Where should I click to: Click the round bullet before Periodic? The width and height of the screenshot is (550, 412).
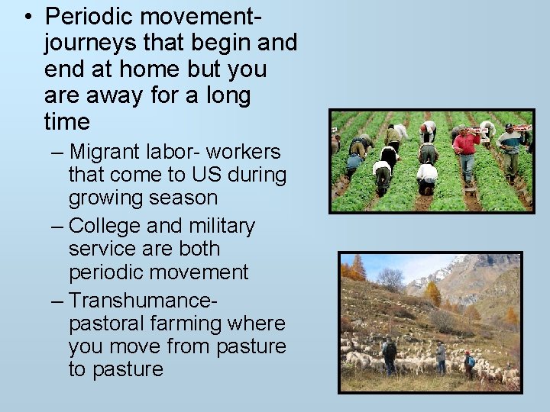[x=28, y=16]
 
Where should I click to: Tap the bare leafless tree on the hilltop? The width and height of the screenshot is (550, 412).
[x=390, y=280]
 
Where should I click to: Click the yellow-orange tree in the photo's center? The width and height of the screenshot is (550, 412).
[x=433, y=294]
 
